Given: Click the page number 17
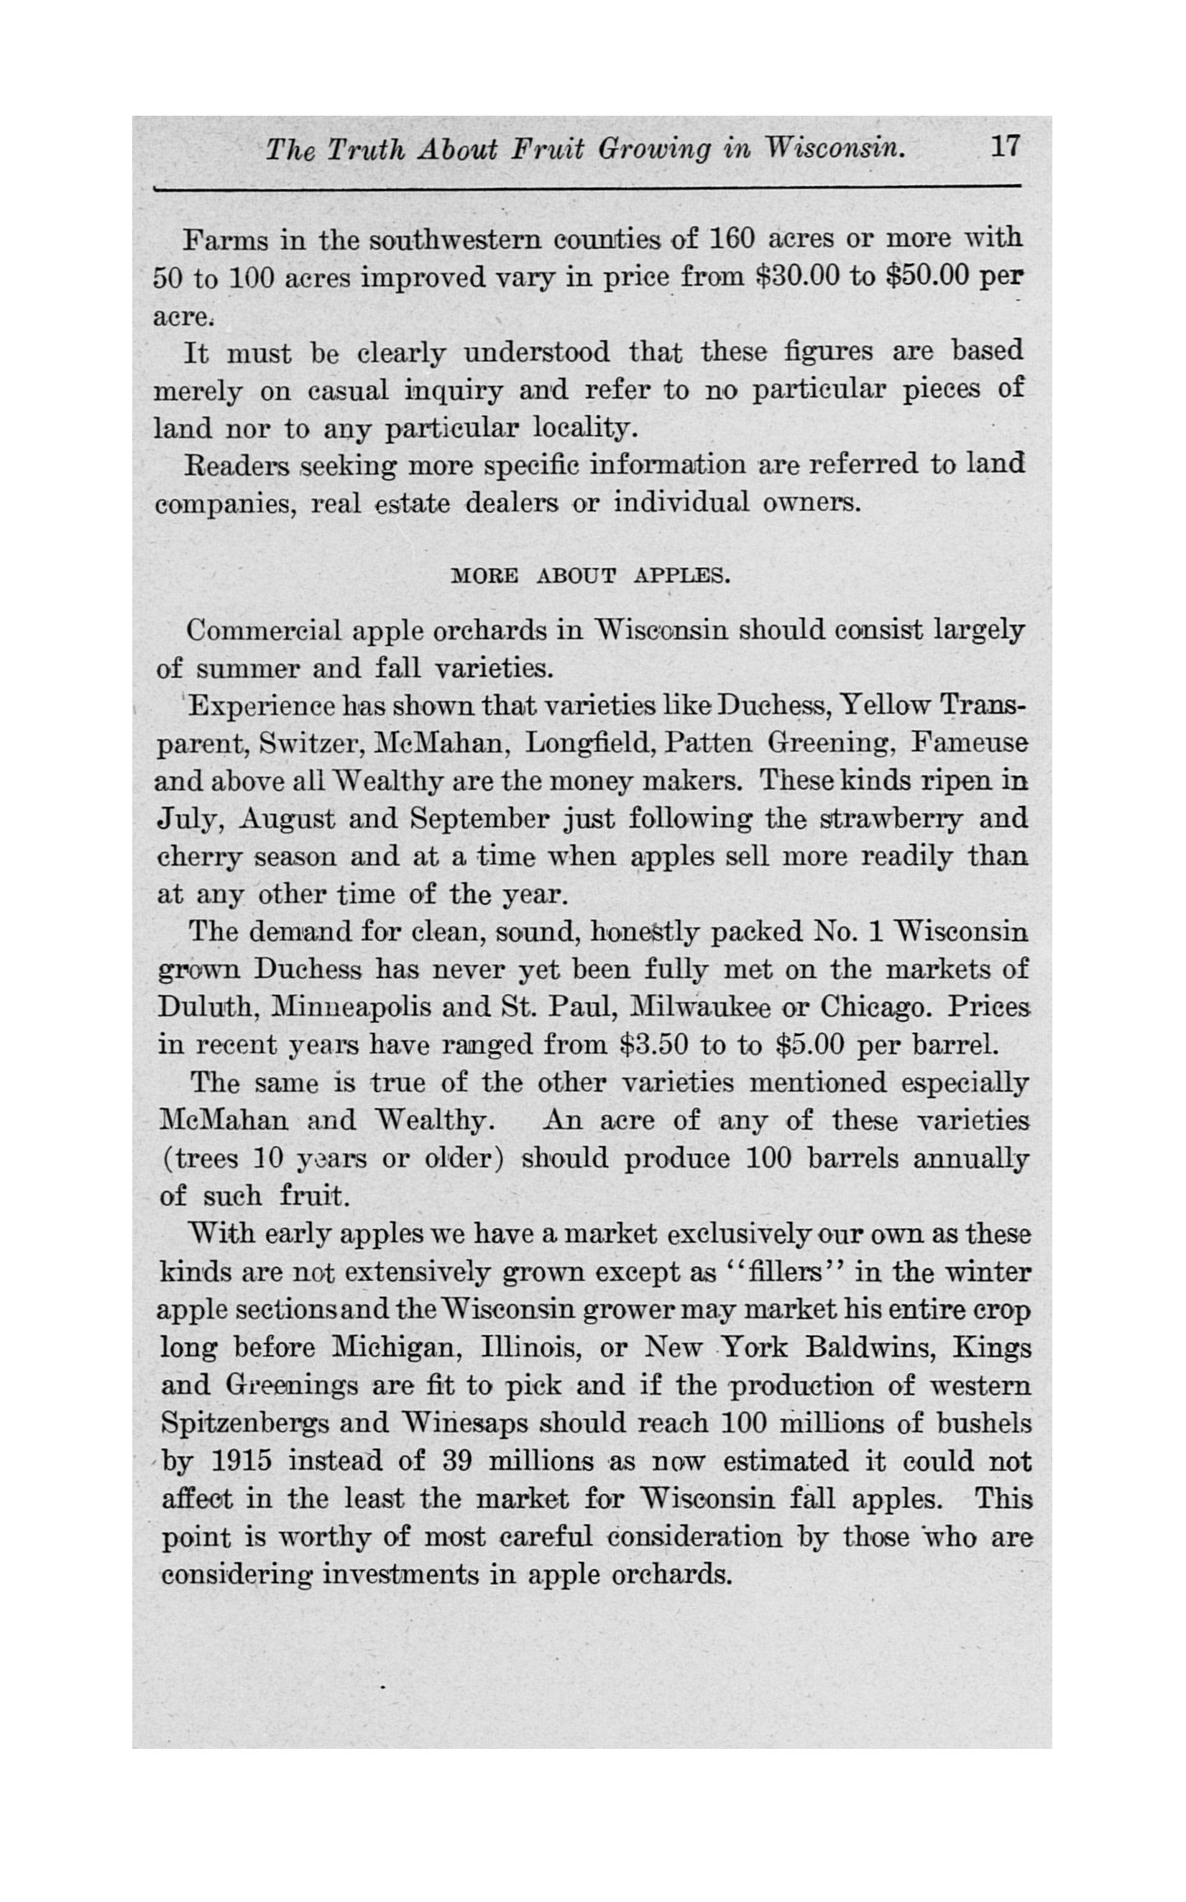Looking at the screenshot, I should click(x=1005, y=147).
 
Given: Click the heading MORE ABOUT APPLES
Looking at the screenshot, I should click(x=591, y=576).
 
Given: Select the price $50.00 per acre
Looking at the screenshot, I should click(x=933, y=277).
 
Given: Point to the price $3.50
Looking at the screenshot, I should click(x=653, y=1044).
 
